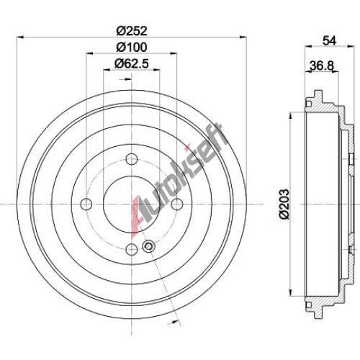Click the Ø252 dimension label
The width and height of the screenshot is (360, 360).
(x=132, y=31)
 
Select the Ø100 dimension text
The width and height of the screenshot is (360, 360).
(x=132, y=48)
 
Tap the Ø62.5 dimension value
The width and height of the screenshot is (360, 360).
(x=132, y=63)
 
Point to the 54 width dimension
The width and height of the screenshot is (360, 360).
(x=330, y=40)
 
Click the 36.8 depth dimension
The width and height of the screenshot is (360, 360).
(x=322, y=66)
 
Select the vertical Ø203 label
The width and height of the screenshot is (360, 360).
(x=284, y=204)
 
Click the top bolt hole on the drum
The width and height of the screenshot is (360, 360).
(x=132, y=159)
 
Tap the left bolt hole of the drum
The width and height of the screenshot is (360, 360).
(x=86, y=204)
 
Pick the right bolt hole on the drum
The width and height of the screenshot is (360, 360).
(x=177, y=204)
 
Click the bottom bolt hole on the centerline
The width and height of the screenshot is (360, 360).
(x=132, y=249)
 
